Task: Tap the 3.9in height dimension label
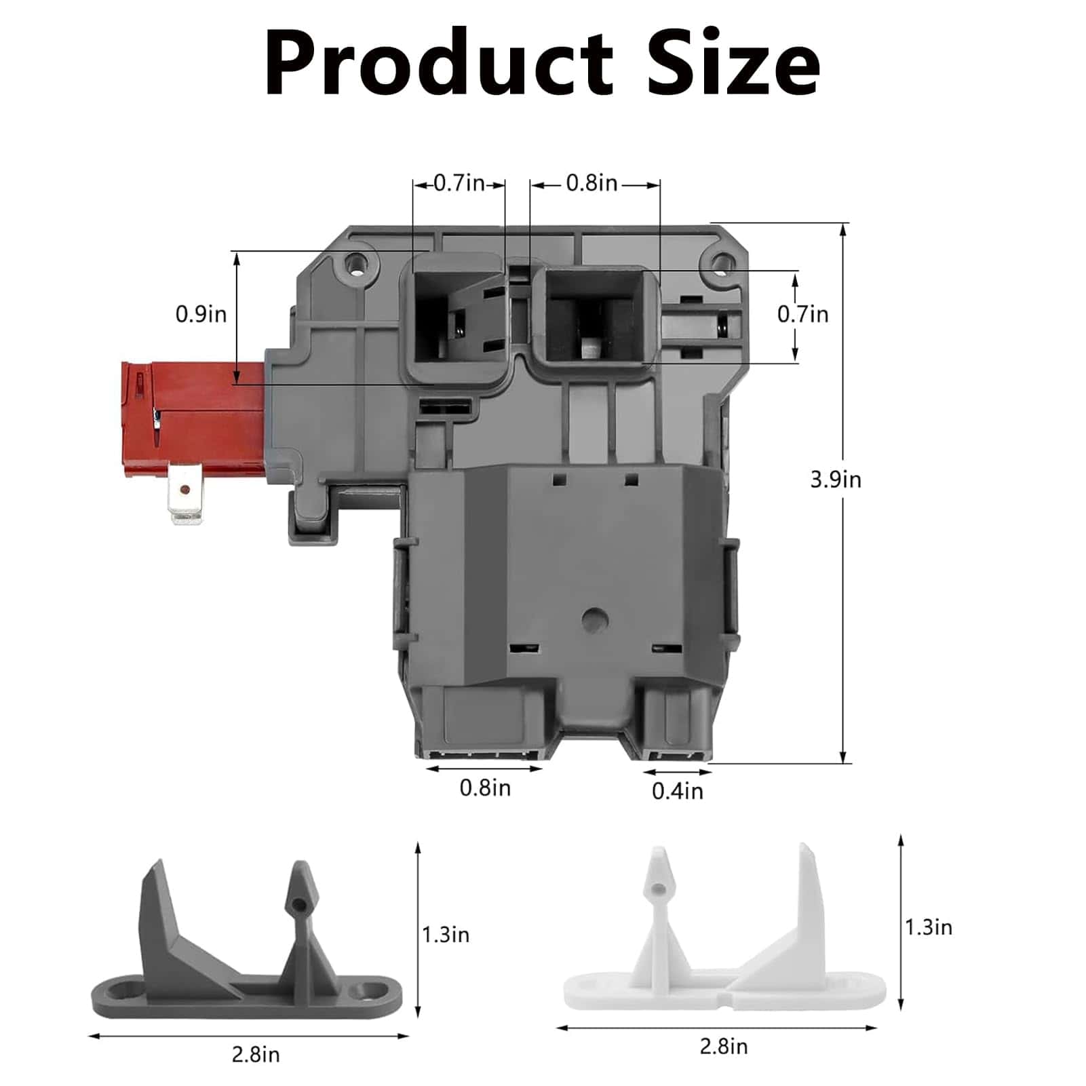tap(836, 480)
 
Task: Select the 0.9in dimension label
tap(201, 314)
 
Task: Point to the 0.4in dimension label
tap(678, 791)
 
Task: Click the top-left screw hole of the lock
tap(355, 263)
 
